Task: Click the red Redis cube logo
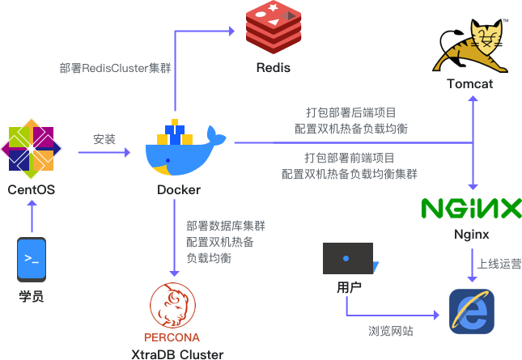click(274, 27)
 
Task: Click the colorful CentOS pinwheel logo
click(31, 150)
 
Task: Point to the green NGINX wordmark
click(471, 209)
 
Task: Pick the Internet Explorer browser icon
click(471, 311)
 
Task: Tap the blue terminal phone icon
click(31, 259)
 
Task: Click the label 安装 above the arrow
click(104, 139)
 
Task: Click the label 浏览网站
click(390, 331)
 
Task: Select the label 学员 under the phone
click(31, 295)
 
